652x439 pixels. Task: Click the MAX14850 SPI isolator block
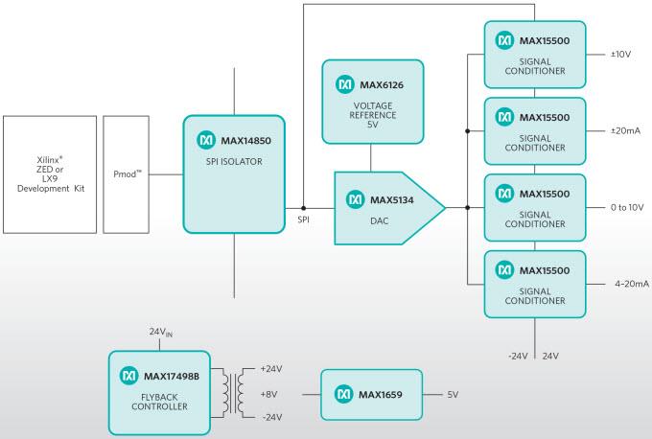point(234,173)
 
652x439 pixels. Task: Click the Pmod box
point(127,174)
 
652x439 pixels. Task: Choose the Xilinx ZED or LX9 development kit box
point(50,174)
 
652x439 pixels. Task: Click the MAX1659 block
point(372,394)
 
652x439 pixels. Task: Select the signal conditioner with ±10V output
point(534,55)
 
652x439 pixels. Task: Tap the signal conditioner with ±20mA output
point(534,130)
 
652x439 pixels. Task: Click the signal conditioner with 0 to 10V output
point(534,207)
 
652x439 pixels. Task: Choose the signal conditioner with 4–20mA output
point(534,284)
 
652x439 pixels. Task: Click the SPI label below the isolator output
point(303,220)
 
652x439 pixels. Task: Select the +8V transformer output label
point(270,393)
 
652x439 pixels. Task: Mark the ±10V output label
point(619,55)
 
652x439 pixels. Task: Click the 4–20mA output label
point(631,284)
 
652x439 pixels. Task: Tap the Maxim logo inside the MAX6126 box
point(345,84)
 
